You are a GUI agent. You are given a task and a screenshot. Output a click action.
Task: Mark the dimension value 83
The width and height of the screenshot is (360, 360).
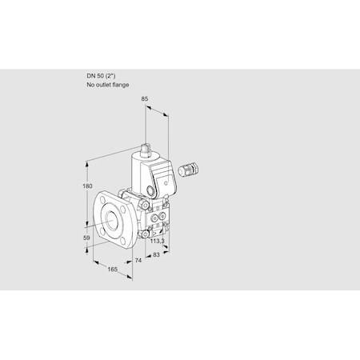(158, 255)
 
